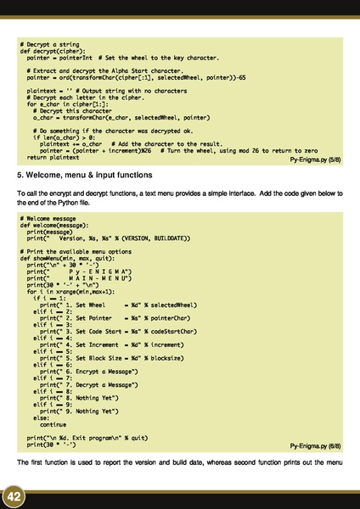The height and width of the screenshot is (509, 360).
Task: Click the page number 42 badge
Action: pyautogui.click(x=14, y=495)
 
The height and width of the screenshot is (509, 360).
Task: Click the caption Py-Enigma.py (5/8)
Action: pyautogui.click(x=315, y=159)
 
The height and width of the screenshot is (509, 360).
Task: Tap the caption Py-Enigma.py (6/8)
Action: pyautogui.click(x=315, y=444)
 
